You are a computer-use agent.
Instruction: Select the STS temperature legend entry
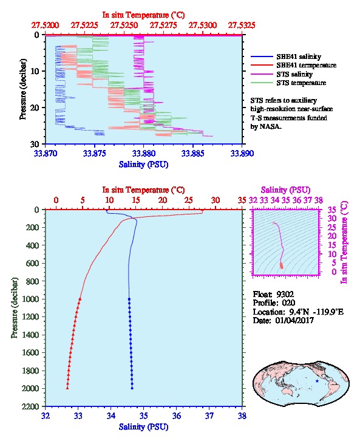(288, 83)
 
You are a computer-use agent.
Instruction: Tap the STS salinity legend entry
(282, 74)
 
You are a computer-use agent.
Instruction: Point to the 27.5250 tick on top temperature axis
(124, 26)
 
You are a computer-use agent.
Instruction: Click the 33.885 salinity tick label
(193, 154)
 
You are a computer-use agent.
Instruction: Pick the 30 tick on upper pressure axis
(35, 144)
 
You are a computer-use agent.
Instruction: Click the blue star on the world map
(317, 381)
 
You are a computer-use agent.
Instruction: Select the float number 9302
(285, 295)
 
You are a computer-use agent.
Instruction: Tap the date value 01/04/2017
(294, 320)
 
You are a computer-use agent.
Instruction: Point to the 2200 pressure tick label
(30, 406)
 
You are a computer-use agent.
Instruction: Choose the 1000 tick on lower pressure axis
(30, 299)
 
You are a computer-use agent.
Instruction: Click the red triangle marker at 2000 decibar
(67, 388)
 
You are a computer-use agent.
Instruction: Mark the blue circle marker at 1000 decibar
(129, 299)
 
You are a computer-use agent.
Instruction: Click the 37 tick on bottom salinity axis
(209, 415)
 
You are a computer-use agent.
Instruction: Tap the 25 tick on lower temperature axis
(189, 200)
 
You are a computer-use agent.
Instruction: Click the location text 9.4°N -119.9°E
(316, 312)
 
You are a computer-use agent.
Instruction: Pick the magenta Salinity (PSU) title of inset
(285, 190)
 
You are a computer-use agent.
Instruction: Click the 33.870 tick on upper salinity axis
(46, 154)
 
